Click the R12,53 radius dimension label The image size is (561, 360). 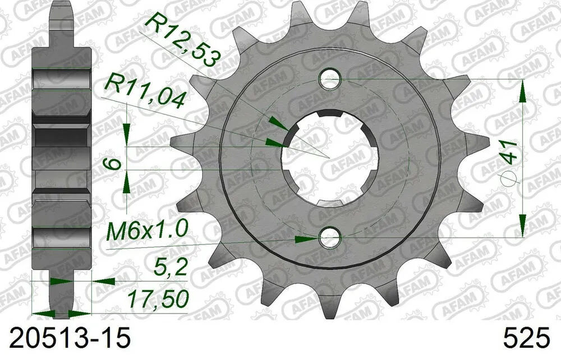pyautogui.click(x=181, y=40)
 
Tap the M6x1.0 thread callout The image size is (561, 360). pyautogui.click(x=149, y=230)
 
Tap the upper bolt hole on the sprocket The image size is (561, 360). pyautogui.click(x=330, y=80)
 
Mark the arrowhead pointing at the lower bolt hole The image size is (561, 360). pyautogui.click(x=306, y=239)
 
